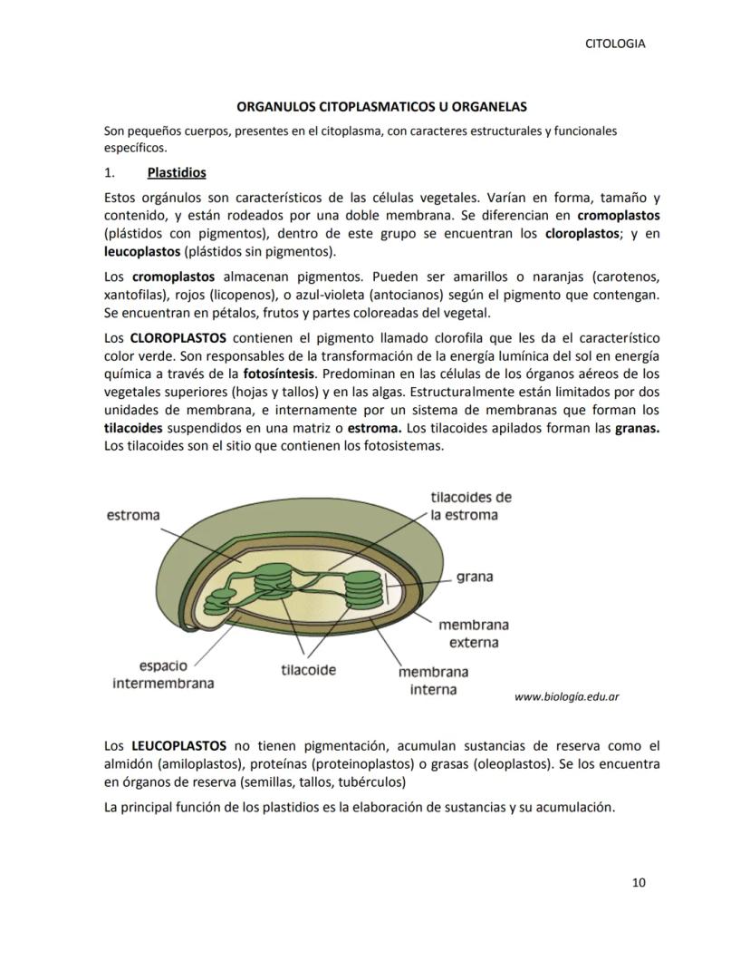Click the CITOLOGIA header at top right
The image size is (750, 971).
click(615, 44)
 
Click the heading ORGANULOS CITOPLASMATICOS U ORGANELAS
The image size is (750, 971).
click(375, 107)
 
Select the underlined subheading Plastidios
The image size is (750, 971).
click(177, 172)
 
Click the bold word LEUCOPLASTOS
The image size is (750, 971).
click(178, 746)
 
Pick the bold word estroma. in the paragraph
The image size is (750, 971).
click(376, 428)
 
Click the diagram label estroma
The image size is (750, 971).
click(133, 515)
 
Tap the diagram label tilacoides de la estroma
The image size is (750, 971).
click(470, 506)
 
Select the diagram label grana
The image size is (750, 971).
click(475, 577)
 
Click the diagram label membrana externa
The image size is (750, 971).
click(473, 634)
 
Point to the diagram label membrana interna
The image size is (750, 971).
click(433, 681)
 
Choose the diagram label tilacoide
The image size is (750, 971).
click(308, 671)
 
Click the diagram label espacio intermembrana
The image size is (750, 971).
click(163, 675)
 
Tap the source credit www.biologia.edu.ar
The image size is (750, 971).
click(566, 697)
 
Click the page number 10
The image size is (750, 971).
click(639, 883)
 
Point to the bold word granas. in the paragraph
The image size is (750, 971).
click(637, 428)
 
